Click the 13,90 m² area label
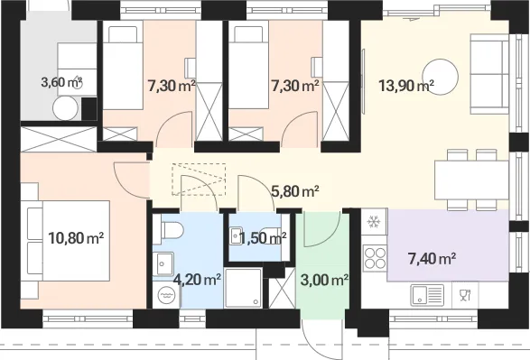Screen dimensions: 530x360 click(406, 86)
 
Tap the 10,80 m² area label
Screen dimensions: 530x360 click(76, 238)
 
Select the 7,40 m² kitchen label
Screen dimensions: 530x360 click(432, 259)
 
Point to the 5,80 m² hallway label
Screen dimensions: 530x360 click(295, 191)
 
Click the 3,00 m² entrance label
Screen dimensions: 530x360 click(324, 280)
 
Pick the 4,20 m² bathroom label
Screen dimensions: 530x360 click(197, 280)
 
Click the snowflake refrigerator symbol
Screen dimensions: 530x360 click(374, 222)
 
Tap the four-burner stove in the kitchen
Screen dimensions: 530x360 click(375, 258)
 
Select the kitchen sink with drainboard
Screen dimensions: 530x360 click(427, 295)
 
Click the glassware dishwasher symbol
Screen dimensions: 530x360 click(465, 295)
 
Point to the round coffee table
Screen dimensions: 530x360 click(441, 77)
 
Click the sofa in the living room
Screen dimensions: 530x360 click(489, 74)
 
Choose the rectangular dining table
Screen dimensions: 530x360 click(472, 180)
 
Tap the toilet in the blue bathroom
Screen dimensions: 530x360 click(172, 231)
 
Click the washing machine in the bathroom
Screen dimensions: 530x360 click(165, 295)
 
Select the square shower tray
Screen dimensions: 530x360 click(243, 288)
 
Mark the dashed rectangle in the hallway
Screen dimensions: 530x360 click(199, 179)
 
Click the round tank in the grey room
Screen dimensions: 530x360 click(66, 108)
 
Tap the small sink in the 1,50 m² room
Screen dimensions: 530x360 click(236, 236)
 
